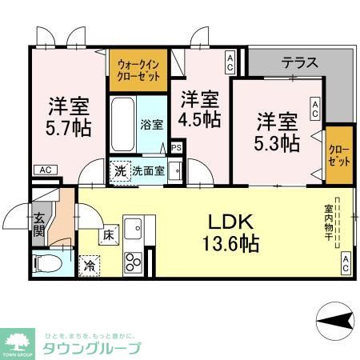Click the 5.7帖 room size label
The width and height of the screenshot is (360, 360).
(x=69, y=116)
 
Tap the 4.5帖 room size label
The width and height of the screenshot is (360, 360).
(x=199, y=110)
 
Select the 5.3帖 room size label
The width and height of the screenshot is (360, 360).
(x=278, y=133)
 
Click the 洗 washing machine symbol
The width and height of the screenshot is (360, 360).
(x=119, y=170)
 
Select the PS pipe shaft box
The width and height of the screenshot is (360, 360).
(x=176, y=147)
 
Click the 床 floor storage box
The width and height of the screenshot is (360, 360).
(x=108, y=234)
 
